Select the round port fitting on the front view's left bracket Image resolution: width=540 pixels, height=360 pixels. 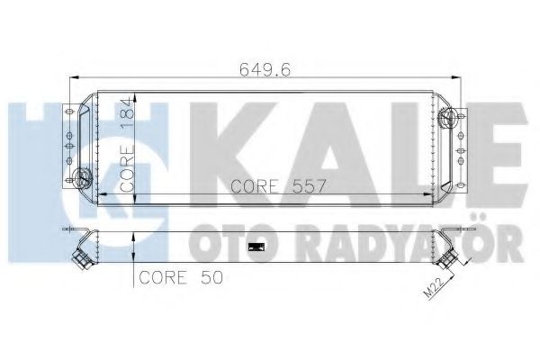(81, 177)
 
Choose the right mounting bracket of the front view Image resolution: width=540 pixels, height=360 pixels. (461, 144)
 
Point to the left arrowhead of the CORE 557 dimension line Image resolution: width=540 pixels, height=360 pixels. (98, 193)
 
